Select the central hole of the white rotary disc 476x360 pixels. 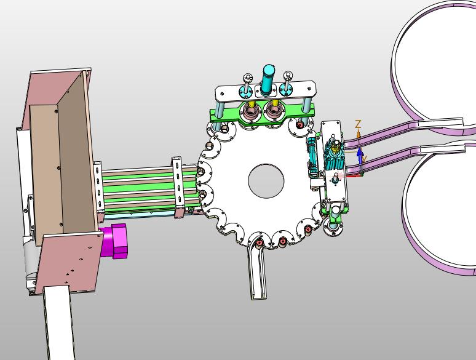266,181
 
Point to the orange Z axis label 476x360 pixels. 358,124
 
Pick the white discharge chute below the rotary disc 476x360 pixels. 258,267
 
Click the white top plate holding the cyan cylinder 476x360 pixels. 265,90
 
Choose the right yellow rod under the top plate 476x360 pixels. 275,103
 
